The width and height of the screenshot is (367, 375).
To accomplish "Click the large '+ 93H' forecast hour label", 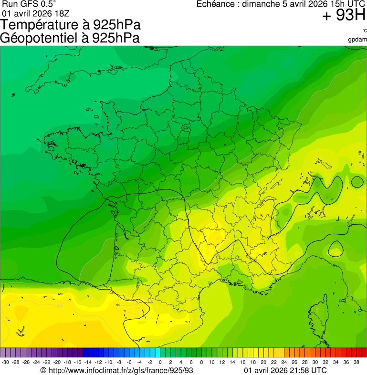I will pyautogui.click(x=343, y=16).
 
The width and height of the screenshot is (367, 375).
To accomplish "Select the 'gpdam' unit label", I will pyautogui.click(x=357, y=39).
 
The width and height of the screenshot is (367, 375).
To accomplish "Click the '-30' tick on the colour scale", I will pyautogui.click(x=6, y=362).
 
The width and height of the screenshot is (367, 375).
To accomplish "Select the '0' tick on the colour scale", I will pyautogui.click(x=160, y=362).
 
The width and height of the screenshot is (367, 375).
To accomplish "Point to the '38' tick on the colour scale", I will pyautogui.click(x=357, y=362).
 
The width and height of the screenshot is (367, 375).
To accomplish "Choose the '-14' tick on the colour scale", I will pyautogui.click(x=88, y=362).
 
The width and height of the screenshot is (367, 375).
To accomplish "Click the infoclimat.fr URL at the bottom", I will pyautogui.click(x=120, y=370).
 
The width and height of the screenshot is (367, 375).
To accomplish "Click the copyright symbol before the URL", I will pyautogui.click(x=43, y=370).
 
